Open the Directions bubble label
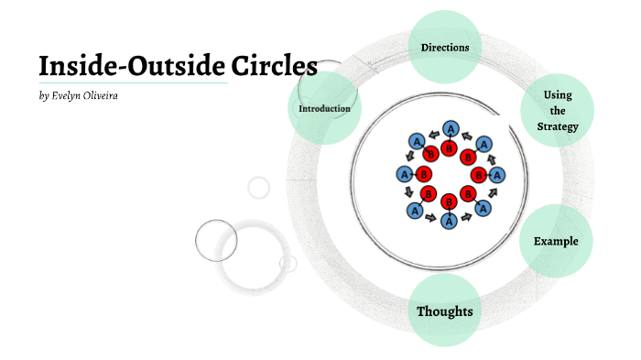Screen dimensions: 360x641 (445, 48)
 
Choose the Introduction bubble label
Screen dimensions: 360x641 (324, 109)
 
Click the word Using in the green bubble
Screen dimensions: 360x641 (558, 95)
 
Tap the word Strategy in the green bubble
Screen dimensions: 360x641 (558, 126)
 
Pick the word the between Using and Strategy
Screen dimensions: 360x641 (558, 111)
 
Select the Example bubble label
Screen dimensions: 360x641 (556, 242)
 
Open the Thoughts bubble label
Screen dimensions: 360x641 (444, 312)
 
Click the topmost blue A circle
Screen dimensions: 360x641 (450, 129)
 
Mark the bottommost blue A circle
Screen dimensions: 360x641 (449, 220)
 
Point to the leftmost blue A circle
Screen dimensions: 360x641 (404, 174)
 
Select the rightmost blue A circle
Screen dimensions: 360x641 (497, 174)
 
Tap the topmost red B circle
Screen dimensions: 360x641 (449, 147)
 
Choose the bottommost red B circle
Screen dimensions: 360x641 (449, 202)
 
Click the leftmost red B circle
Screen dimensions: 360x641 (423, 174)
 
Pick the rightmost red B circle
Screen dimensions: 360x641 (477, 174)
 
